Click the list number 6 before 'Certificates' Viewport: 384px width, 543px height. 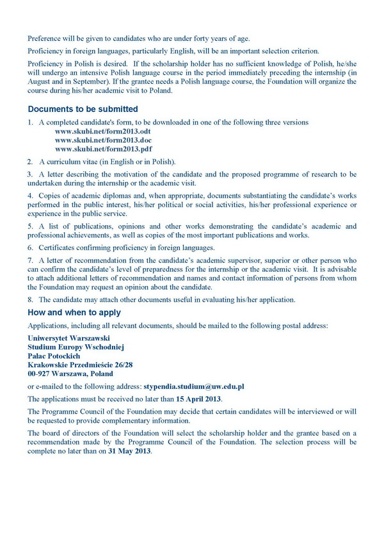[x=29, y=248]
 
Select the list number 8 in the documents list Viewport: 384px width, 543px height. [x=29, y=299]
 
